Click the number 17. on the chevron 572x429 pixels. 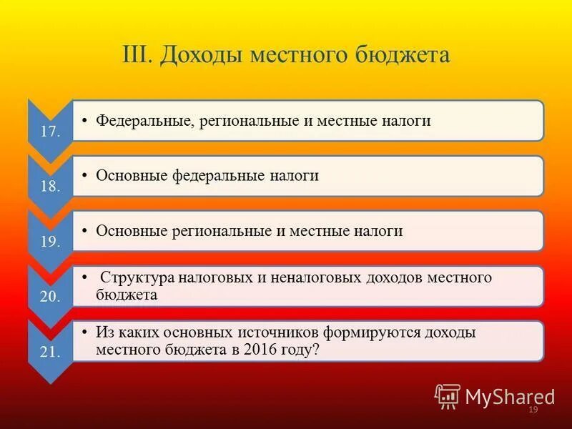point(50,132)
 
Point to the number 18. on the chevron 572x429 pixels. point(50,187)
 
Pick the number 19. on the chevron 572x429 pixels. point(50,242)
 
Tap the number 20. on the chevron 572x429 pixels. point(50,297)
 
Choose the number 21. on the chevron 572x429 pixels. point(50,352)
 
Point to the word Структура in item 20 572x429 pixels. point(139,277)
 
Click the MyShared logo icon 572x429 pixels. point(447,395)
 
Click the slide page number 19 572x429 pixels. point(533,410)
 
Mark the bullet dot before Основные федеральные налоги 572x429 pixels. point(84,174)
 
